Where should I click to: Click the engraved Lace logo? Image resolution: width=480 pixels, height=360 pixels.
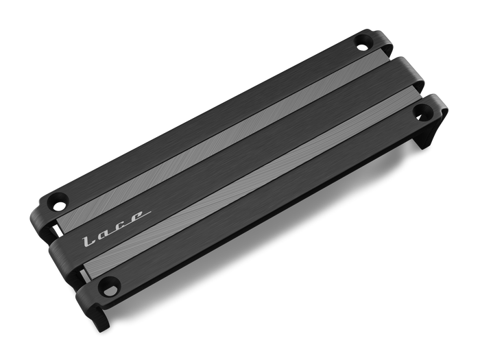(116, 228)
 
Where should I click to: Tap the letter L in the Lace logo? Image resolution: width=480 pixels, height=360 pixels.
(89, 241)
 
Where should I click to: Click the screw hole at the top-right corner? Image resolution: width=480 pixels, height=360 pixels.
(363, 43)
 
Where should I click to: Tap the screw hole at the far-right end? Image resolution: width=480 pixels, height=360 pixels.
(422, 111)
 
